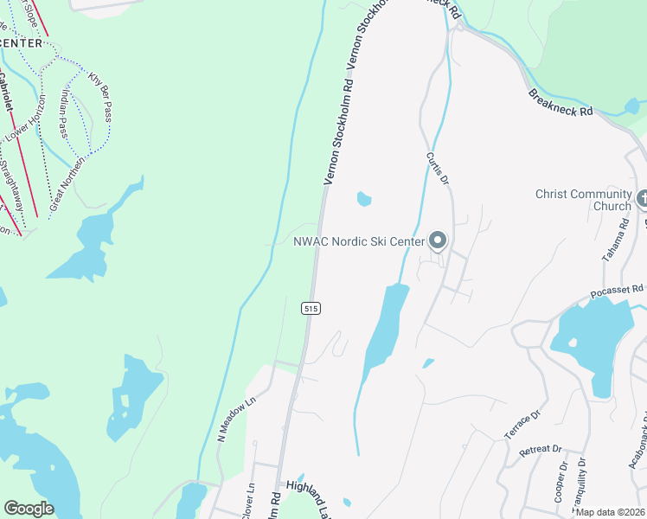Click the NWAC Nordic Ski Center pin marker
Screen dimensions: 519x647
438,240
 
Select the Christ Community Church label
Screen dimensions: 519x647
583,200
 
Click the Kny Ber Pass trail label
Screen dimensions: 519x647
99,97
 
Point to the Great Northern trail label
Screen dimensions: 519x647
67,185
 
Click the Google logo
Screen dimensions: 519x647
29,509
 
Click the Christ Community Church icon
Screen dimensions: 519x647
641,200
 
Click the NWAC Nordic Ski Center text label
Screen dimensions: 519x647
360,240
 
